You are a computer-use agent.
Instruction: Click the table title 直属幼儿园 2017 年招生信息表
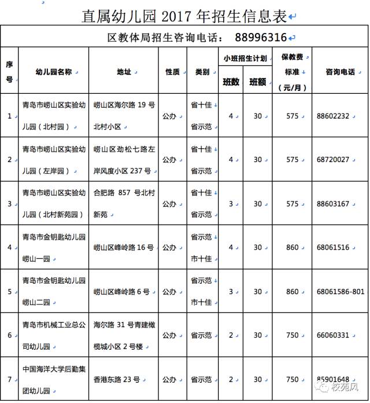(x=184, y=16)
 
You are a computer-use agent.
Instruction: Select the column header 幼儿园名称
(x=53, y=72)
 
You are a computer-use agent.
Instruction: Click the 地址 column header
(x=124, y=72)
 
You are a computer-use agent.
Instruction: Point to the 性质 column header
(x=172, y=72)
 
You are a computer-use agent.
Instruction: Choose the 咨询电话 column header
(x=340, y=72)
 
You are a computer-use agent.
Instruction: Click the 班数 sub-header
(x=231, y=82)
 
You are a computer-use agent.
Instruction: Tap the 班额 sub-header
(x=257, y=82)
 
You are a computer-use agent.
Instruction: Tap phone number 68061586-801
(x=342, y=291)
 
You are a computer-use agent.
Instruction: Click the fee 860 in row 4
(x=293, y=247)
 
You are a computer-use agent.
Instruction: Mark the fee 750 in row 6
(x=293, y=335)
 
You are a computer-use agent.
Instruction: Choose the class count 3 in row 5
(x=231, y=291)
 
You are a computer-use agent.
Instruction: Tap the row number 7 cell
(x=9, y=379)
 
